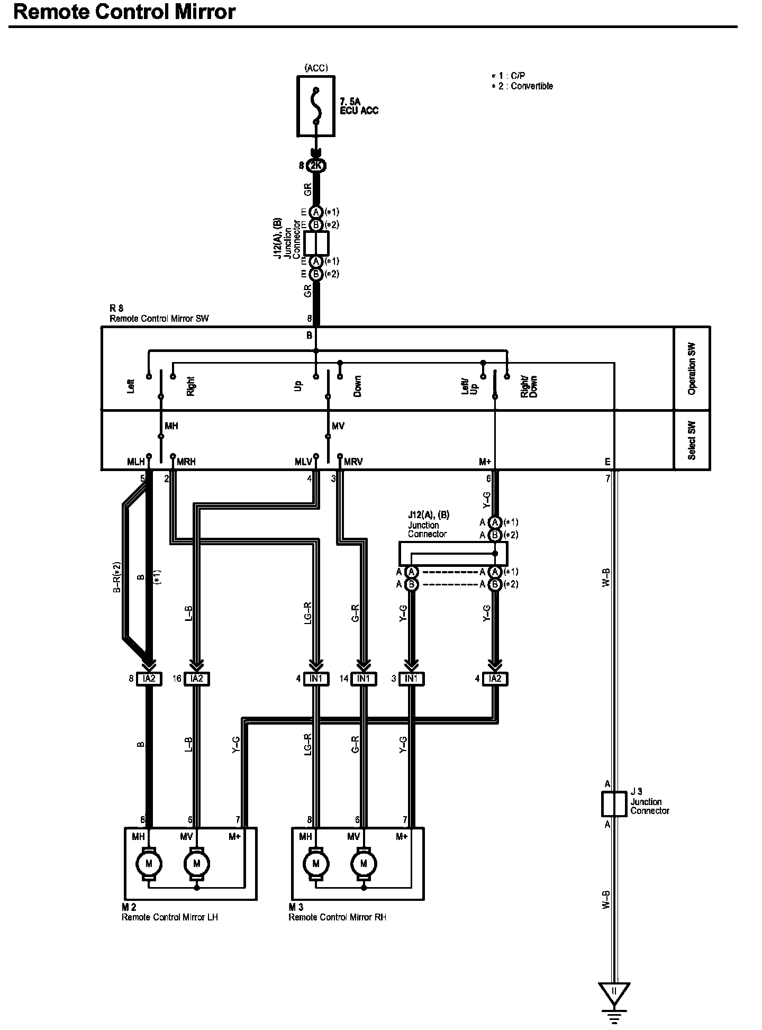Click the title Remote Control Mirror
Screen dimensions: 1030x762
[x=124, y=12]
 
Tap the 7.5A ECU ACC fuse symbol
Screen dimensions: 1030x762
[x=316, y=106]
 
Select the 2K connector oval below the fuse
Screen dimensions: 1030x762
[x=316, y=166]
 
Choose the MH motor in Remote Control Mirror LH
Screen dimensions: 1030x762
[x=149, y=864]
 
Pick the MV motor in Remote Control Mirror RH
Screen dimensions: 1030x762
[x=364, y=864]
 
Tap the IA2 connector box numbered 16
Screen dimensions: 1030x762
[x=196, y=679]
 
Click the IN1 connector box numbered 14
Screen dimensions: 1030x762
[x=364, y=679]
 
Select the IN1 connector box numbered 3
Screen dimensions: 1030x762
[x=411, y=679]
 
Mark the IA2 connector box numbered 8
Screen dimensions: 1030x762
[x=149, y=679]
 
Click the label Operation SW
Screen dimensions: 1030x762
[x=692, y=368]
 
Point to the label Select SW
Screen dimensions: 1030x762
[x=692, y=440]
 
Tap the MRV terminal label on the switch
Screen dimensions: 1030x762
[x=353, y=462]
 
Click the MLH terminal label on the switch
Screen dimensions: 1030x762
[x=136, y=462]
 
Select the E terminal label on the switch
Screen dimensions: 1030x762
[x=607, y=462]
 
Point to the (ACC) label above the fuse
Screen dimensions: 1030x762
[x=316, y=68]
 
